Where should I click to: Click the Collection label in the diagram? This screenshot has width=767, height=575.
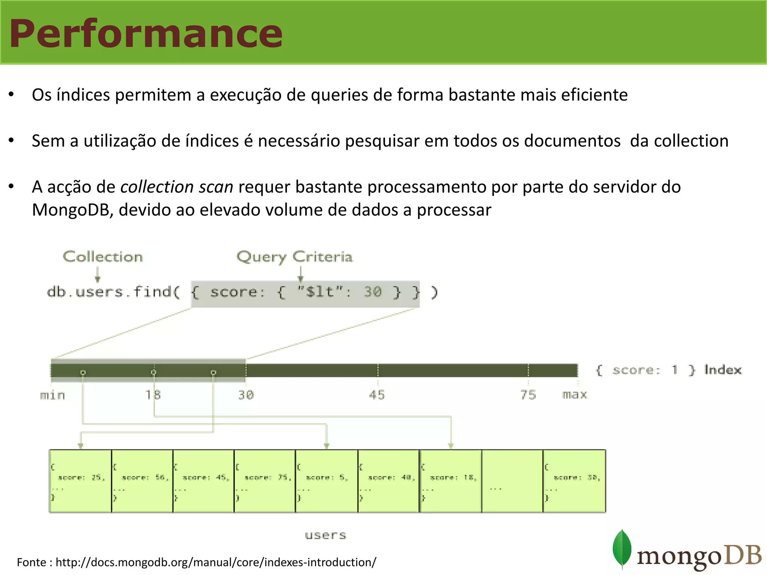point(103,257)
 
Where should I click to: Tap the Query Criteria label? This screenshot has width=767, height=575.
point(294,257)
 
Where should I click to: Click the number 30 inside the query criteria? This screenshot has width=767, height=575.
point(373,292)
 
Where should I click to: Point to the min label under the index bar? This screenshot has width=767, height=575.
point(52,395)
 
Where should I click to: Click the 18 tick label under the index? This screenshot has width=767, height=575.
point(153,395)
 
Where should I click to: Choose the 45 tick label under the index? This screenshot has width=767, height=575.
point(377,395)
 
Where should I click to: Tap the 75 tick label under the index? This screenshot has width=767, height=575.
point(528,395)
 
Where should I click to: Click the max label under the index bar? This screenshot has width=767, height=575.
point(575,395)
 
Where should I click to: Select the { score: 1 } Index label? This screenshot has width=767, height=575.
point(668,370)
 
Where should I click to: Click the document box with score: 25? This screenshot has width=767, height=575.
point(81,481)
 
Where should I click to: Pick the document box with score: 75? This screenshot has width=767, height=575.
point(265,481)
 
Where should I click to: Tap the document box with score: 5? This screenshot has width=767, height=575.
point(326,481)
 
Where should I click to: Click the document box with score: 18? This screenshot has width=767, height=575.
point(451,481)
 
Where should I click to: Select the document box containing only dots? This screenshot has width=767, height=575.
point(512,481)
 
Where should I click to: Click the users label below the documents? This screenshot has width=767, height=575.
point(325,535)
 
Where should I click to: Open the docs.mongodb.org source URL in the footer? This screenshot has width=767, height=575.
point(216,562)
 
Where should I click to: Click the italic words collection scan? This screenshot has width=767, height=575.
point(177,187)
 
